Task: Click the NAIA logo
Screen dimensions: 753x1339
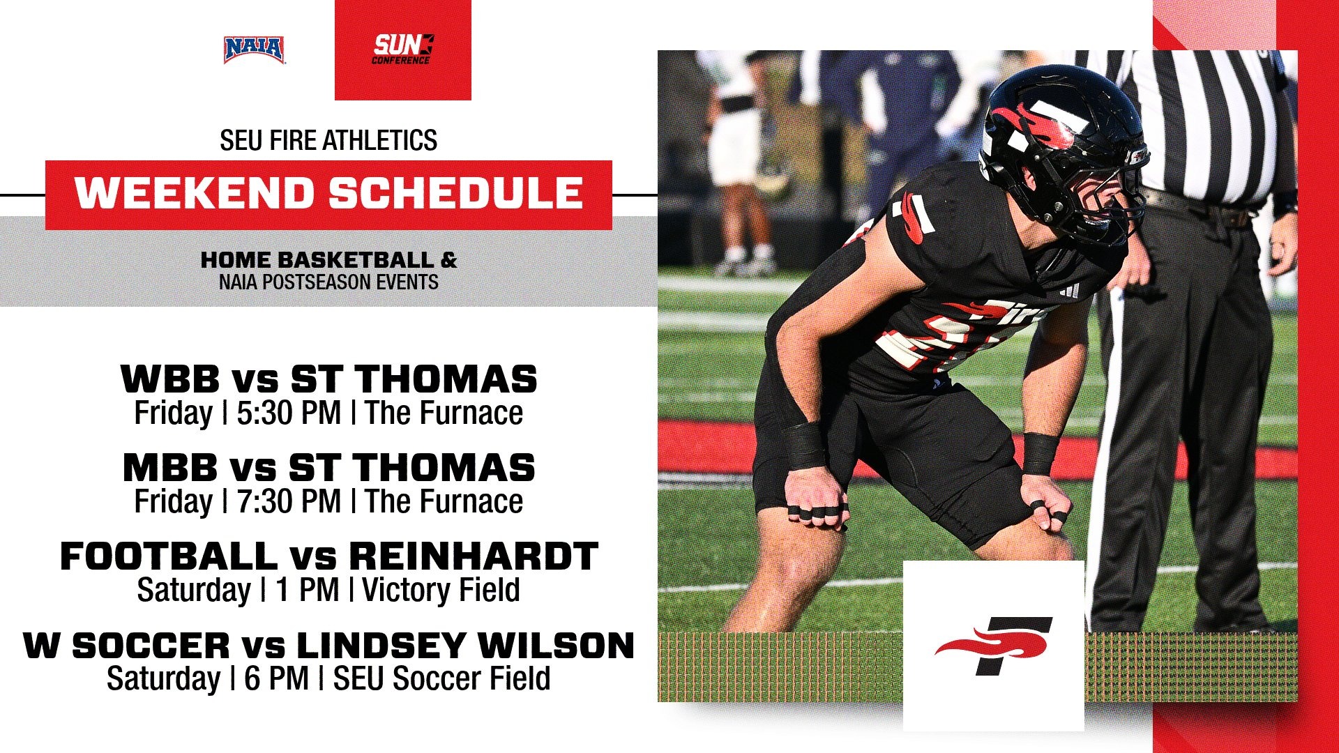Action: tap(254, 50)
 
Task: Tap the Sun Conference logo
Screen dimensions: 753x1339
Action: tap(402, 50)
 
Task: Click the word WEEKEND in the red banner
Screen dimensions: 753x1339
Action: tap(195, 193)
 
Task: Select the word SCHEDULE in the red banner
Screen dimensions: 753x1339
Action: tap(456, 193)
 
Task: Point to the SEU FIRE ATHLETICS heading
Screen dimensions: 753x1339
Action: tap(328, 140)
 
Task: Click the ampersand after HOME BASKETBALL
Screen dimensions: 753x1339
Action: tap(448, 260)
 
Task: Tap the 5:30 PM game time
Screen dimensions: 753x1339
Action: tap(289, 413)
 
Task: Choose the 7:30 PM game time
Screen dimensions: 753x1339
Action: tap(289, 501)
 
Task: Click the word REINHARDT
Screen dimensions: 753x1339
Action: tap(474, 556)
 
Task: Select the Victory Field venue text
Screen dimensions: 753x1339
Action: tap(441, 591)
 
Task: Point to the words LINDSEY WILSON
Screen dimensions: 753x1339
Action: tap(465, 645)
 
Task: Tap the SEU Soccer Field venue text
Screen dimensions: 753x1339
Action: tap(441, 678)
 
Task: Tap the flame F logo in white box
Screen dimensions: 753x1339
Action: tap(993, 646)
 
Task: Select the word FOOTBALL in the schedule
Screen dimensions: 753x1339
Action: tap(169, 556)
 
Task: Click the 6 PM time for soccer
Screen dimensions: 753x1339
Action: tap(277, 678)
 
